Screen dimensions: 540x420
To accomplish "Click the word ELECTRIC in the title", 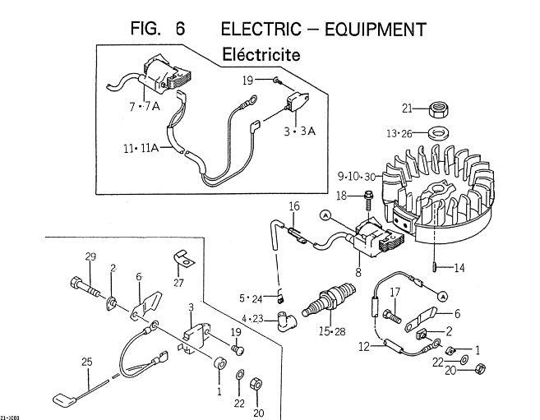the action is (261, 29).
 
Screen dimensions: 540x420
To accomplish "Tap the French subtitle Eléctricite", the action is (261, 54).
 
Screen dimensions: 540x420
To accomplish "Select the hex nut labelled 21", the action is (439, 109).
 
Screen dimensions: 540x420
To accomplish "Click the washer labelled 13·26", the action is (439, 133).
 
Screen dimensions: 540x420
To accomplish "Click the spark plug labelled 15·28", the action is (327, 299).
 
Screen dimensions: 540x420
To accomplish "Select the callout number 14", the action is (459, 267).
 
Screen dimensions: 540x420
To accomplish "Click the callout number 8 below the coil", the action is (358, 272).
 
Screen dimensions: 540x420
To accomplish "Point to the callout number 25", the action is (87, 362).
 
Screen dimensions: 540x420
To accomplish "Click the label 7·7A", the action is (145, 106).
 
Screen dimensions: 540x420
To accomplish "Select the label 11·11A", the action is (141, 149).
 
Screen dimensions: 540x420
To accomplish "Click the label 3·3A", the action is (300, 132).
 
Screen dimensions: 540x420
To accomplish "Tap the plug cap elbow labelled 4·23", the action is (287, 321).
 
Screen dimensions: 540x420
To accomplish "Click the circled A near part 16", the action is (325, 215).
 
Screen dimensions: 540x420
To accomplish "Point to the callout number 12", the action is (364, 346).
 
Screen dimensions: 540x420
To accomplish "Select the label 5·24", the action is (251, 298).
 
